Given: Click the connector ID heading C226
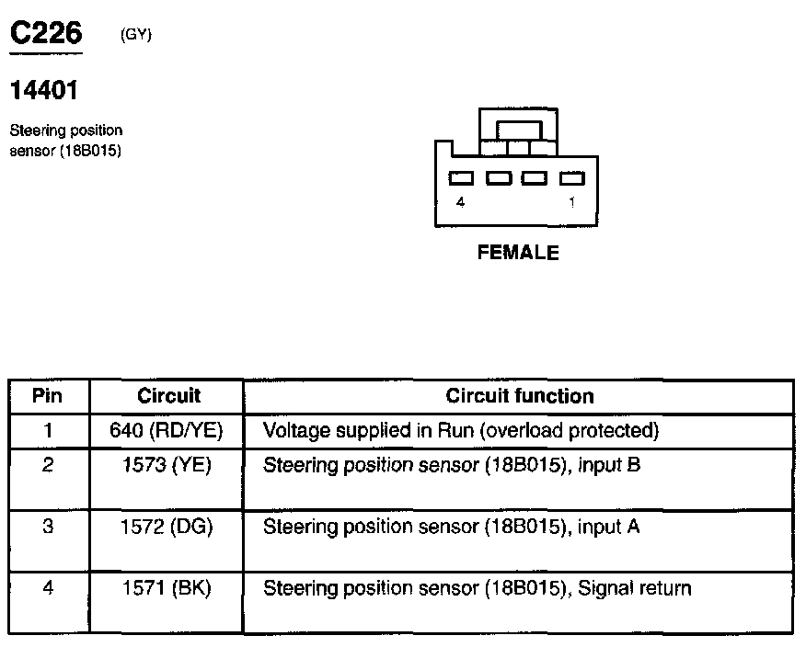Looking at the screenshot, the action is [x=46, y=34].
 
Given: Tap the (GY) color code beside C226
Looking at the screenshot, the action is [x=135, y=35].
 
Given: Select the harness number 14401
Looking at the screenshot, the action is [x=44, y=91].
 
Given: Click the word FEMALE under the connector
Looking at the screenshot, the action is [x=518, y=253].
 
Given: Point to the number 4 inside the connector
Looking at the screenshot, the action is [x=460, y=203].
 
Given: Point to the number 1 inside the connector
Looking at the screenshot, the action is [x=571, y=203].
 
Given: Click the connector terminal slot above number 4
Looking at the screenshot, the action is [x=461, y=178].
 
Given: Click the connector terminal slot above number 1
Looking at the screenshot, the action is [x=572, y=178].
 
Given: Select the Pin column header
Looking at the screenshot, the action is [x=48, y=396].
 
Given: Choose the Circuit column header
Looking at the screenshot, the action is [x=168, y=396].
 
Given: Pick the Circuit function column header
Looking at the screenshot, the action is [x=520, y=396].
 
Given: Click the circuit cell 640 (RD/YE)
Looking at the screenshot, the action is [x=167, y=430].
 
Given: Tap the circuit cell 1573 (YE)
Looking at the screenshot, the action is [x=167, y=465].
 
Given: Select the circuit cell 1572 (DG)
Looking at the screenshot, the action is [x=167, y=527].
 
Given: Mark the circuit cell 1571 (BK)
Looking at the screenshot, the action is [x=167, y=588].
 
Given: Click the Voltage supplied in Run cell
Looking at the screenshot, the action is [x=461, y=430].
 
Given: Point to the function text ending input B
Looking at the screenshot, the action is [x=452, y=465].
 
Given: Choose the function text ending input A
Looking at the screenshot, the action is [x=452, y=527].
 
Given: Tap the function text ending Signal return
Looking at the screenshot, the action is [x=477, y=588].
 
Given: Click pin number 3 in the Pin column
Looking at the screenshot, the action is [x=48, y=527].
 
